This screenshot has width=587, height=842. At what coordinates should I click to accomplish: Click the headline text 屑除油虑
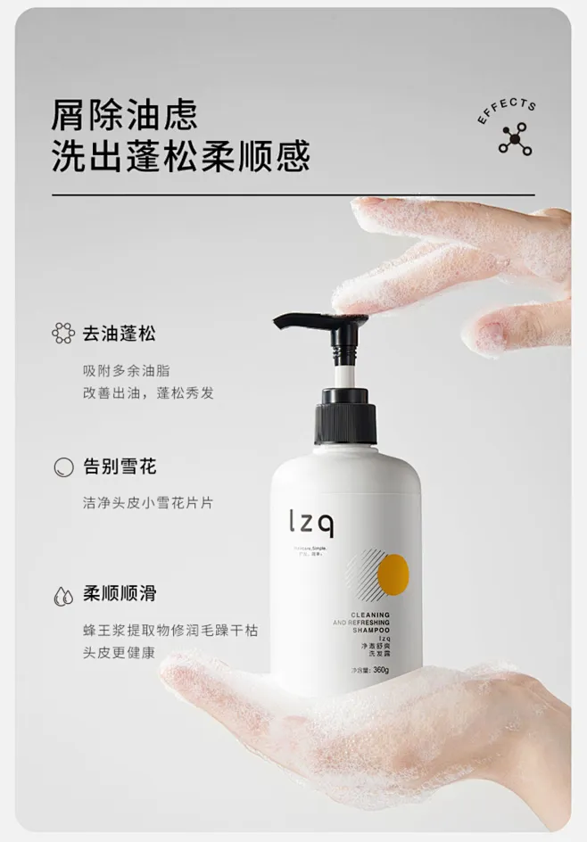[124, 115]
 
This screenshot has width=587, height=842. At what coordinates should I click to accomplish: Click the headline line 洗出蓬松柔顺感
[180, 157]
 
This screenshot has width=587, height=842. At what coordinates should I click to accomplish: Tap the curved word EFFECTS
[508, 112]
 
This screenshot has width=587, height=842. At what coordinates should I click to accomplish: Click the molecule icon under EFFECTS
[515, 140]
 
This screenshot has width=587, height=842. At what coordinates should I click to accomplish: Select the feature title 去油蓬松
[119, 334]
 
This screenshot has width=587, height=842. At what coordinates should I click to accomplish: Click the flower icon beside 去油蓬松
[63, 334]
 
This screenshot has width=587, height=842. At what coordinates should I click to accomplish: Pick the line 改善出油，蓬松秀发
[148, 392]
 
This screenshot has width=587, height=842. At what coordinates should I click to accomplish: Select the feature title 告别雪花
[119, 466]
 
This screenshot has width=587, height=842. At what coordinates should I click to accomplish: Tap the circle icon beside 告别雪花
[63, 466]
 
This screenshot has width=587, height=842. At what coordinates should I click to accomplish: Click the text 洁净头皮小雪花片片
[148, 502]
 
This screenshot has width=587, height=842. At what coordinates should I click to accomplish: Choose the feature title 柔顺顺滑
[119, 593]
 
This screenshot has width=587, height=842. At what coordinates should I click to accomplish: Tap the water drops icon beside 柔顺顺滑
[63, 594]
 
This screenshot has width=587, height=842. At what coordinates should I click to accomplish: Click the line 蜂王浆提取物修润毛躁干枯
[169, 630]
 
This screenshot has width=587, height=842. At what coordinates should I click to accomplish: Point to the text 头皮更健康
[119, 652]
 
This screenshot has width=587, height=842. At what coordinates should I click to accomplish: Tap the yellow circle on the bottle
[393, 574]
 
